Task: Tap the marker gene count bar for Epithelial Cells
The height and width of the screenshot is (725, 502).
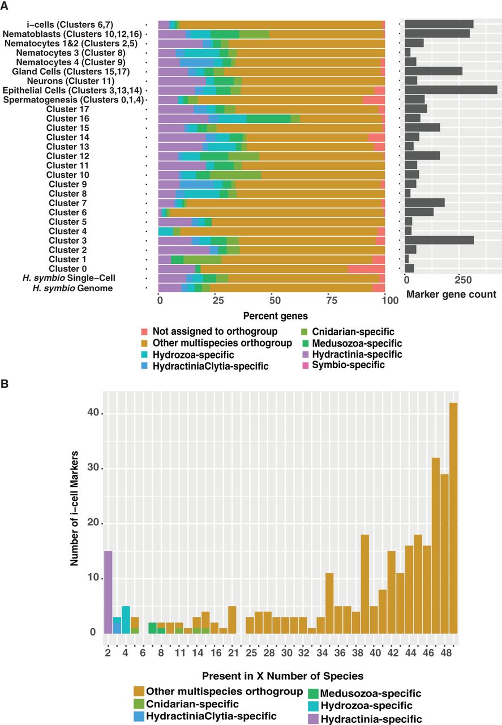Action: [x=451, y=90]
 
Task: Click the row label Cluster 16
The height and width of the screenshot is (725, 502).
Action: [x=67, y=118]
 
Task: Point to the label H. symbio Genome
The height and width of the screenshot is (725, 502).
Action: [x=72, y=288]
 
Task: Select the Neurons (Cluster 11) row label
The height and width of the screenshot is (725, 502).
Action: [x=71, y=81]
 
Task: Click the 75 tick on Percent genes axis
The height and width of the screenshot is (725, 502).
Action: [x=331, y=300]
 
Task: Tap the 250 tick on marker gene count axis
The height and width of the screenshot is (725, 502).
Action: [x=462, y=280]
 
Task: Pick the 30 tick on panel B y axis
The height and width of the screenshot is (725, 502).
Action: [x=93, y=468]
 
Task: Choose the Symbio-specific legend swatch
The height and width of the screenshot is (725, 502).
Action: [x=306, y=366]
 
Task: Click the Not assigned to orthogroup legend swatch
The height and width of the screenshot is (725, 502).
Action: [x=144, y=332]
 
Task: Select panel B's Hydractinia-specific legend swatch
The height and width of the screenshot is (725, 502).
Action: [x=313, y=719]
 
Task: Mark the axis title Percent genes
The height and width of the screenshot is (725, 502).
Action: [x=275, y=316]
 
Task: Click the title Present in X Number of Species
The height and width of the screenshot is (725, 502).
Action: [x=282, y=676]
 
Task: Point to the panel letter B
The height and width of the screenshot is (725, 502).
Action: [x=5, y=384]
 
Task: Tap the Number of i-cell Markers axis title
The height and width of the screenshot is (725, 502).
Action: [x=74, y=508]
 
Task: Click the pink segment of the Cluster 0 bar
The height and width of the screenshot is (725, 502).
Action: [x=367, y=268]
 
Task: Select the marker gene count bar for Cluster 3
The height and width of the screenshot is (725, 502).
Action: [x=439, y=240]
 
